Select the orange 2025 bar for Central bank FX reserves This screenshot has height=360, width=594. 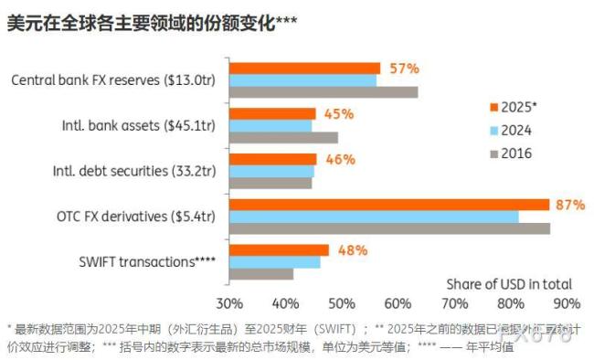(303, 69)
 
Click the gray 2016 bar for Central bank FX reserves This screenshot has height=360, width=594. (323, 91)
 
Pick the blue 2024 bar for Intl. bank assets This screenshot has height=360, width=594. (270, 125)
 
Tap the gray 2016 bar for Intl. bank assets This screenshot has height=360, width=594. (282, 137)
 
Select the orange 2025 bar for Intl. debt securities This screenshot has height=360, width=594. (272, 159)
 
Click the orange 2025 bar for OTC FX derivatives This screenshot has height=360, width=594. (388, 205)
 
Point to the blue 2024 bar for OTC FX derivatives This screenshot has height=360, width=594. (373, 217)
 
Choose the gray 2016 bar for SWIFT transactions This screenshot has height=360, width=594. (260, 273)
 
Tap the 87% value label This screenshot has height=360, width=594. (569, 205)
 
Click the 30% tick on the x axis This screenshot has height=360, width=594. (228, 303)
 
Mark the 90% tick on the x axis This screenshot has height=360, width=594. (567, 303)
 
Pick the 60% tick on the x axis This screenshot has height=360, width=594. (398, 303)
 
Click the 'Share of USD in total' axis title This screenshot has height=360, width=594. (509, 283)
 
